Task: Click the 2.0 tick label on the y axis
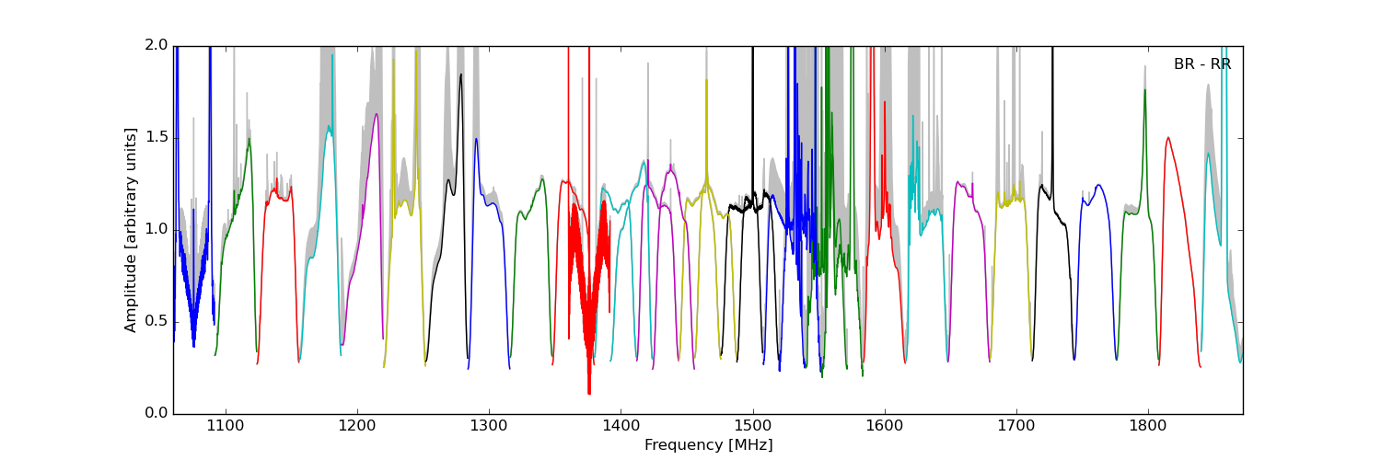coord(157,45)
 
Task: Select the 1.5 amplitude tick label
coord(157,137)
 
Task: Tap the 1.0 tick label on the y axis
coord(157,229)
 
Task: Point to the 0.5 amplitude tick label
coord(157,321)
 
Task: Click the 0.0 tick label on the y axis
coord(157,413)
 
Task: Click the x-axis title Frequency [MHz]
coord(708,445)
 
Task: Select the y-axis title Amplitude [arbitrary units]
coord(131,230)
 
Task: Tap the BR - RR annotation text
coord(1201,64)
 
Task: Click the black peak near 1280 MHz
coord(460,75)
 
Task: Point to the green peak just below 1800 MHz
coord(1144,89)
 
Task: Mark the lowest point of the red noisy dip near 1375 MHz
coord(589,394)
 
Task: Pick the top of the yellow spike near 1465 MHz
coord(706,80)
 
